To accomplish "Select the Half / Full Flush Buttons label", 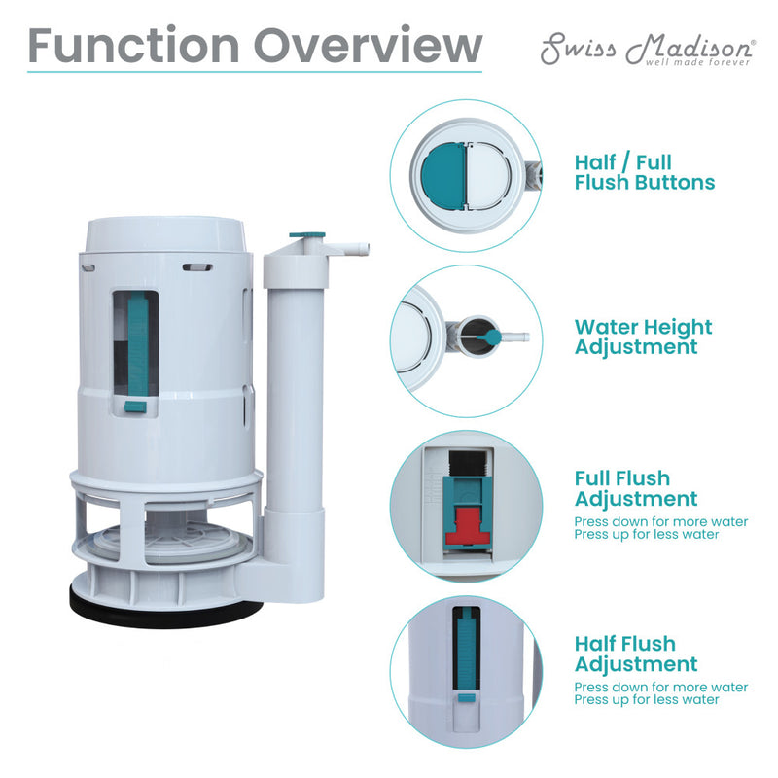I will [644, 172].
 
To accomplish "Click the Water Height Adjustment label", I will [643, 336].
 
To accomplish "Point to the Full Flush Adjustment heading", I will [635, 488].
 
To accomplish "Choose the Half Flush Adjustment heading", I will [635, 654].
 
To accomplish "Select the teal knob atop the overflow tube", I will [308, 235].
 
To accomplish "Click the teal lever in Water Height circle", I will [494, 337].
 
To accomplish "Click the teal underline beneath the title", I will [254, 71].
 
